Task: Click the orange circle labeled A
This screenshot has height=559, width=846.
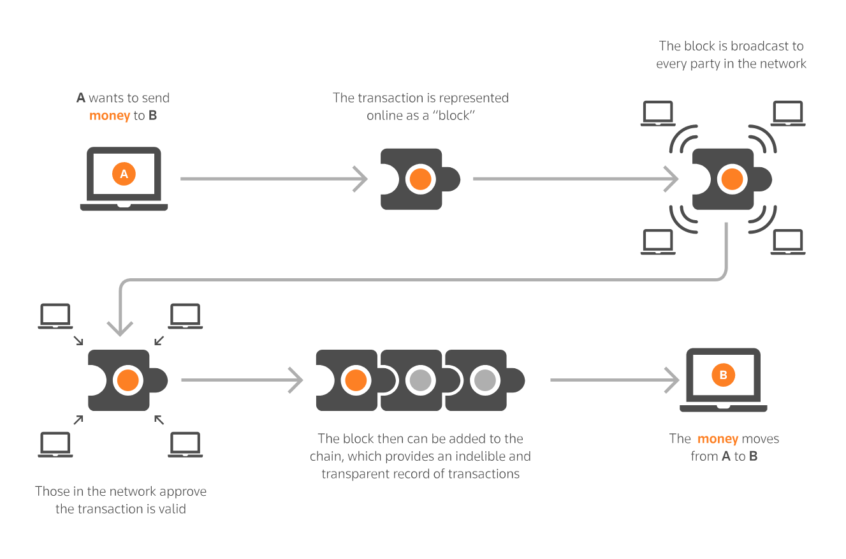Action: pos(124,174)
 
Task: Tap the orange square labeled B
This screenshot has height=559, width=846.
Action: pos(723,375)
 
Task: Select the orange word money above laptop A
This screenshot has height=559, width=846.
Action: pos(110,116)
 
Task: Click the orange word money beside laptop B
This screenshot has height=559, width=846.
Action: pos(718,439)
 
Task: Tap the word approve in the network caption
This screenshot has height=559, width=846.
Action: pos(185,491)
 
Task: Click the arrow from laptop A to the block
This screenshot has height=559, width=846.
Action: pos(274,179)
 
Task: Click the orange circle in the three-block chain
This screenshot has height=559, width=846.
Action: pos(355,380)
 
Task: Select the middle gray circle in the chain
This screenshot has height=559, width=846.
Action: pos(420,380)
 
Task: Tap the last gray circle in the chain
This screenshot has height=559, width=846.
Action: pos(484,380)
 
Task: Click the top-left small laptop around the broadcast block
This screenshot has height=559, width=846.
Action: pos(658,114)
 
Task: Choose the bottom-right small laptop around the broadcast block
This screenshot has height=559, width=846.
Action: pos(788,242)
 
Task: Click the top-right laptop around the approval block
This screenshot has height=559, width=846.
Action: pos(186,316)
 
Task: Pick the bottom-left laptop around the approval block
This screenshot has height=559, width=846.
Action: pos(55,444)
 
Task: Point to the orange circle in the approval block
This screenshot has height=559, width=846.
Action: pos(126,380)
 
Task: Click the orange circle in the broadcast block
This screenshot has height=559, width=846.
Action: pos(731,179)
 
